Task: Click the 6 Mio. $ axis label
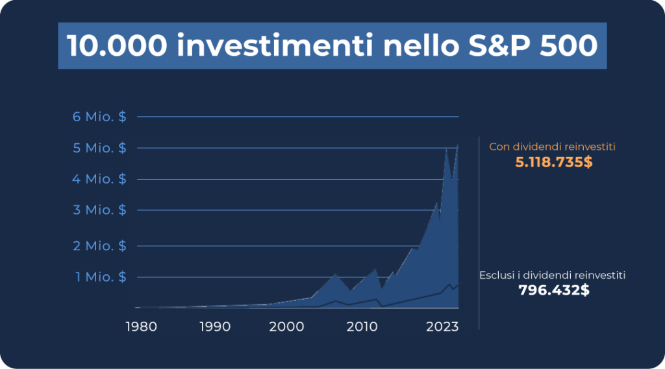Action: coord(99,117)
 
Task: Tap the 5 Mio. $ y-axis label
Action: coord(99,148)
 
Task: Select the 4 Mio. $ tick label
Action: coord(99,179)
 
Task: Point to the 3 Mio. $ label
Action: coord(99,209)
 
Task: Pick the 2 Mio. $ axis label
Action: coord(99,246)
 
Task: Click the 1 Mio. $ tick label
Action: coord(101,277)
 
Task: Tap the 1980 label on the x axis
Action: coord(142,327)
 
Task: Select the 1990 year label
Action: coord(215,327)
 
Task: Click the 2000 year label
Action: coord(286,327)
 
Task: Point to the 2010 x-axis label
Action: coord(362,327)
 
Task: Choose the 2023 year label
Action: coord(442,327)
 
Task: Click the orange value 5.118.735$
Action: coord(554,162)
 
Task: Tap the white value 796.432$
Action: coord(554,290)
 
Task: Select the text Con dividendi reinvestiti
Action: coord(552,147)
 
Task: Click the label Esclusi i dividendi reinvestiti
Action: coord(552,276)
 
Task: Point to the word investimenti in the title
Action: coord(275,45)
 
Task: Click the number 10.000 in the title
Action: coord(117,45)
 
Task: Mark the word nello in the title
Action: coord(421,45)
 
